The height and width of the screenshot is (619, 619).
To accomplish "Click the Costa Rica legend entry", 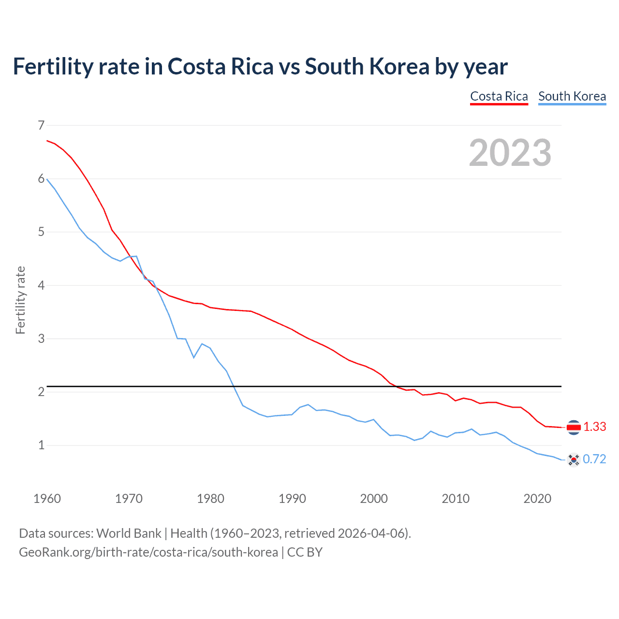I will (499, 96).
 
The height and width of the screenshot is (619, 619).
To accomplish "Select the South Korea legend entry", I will (572, 96).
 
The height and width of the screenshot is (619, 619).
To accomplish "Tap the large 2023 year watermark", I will (510, 153).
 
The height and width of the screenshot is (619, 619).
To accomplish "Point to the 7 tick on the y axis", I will (41, 126).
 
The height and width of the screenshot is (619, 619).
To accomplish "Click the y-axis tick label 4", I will (41, 285).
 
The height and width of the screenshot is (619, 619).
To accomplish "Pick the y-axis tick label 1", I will (41, 445).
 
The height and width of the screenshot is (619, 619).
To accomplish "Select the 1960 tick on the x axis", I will (47, 499).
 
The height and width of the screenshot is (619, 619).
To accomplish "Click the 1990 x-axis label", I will (292, 499).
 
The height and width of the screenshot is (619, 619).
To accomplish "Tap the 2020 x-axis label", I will (537, 499).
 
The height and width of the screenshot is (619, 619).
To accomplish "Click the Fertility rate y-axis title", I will (20, 300).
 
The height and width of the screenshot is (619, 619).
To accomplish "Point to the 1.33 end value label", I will (594, 427).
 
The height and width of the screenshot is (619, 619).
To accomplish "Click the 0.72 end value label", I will (594, 459).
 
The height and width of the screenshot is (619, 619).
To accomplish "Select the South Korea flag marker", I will (574, 459).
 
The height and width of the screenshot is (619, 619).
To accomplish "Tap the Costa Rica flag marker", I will (574, 427).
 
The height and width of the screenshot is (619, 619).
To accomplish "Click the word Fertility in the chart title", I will (52, 66).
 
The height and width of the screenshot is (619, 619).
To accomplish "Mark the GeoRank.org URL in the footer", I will (148, 552).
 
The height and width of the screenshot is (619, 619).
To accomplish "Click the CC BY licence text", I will (305, 552).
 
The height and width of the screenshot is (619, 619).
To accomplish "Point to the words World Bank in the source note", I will (129, 533).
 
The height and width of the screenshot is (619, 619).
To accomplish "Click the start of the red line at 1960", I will (47, 141).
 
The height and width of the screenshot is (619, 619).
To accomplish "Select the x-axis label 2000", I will (374, 499).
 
